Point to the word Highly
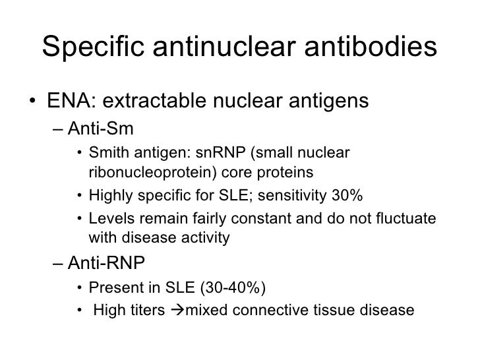[109, 196]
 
